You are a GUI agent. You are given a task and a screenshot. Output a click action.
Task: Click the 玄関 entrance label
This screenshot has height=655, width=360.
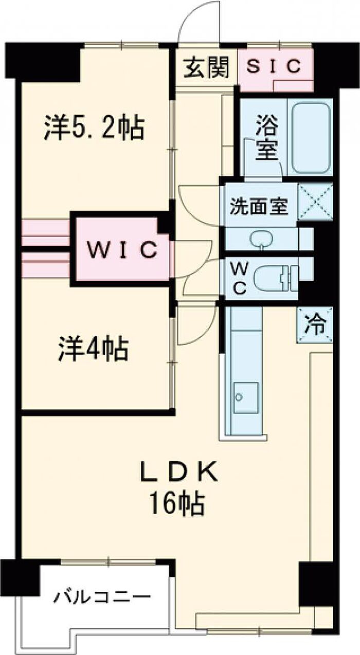tap(207, 68)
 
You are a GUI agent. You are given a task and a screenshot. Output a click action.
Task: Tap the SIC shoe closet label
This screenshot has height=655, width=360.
tap(275, 66)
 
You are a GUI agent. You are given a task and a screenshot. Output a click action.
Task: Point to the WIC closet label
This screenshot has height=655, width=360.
tap(121, 250)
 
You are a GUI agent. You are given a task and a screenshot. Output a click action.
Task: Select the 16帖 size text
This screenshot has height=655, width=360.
tap(177, 503)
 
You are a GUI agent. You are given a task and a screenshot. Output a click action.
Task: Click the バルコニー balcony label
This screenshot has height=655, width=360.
tap(103, 598)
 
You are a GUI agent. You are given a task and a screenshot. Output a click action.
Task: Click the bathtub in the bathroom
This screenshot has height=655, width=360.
tap(311, 137)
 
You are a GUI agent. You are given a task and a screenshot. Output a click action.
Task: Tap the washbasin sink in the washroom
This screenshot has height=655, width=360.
tap(262, 239)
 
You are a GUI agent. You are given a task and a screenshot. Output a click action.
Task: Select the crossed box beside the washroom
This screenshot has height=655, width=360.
tap(315, 202)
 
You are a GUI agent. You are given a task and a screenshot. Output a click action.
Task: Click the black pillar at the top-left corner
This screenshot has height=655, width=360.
tap(44, 61)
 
